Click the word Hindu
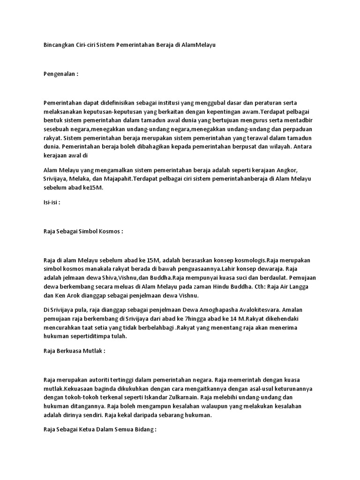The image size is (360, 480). coord(228,287)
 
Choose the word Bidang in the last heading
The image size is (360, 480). coord(142,429)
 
